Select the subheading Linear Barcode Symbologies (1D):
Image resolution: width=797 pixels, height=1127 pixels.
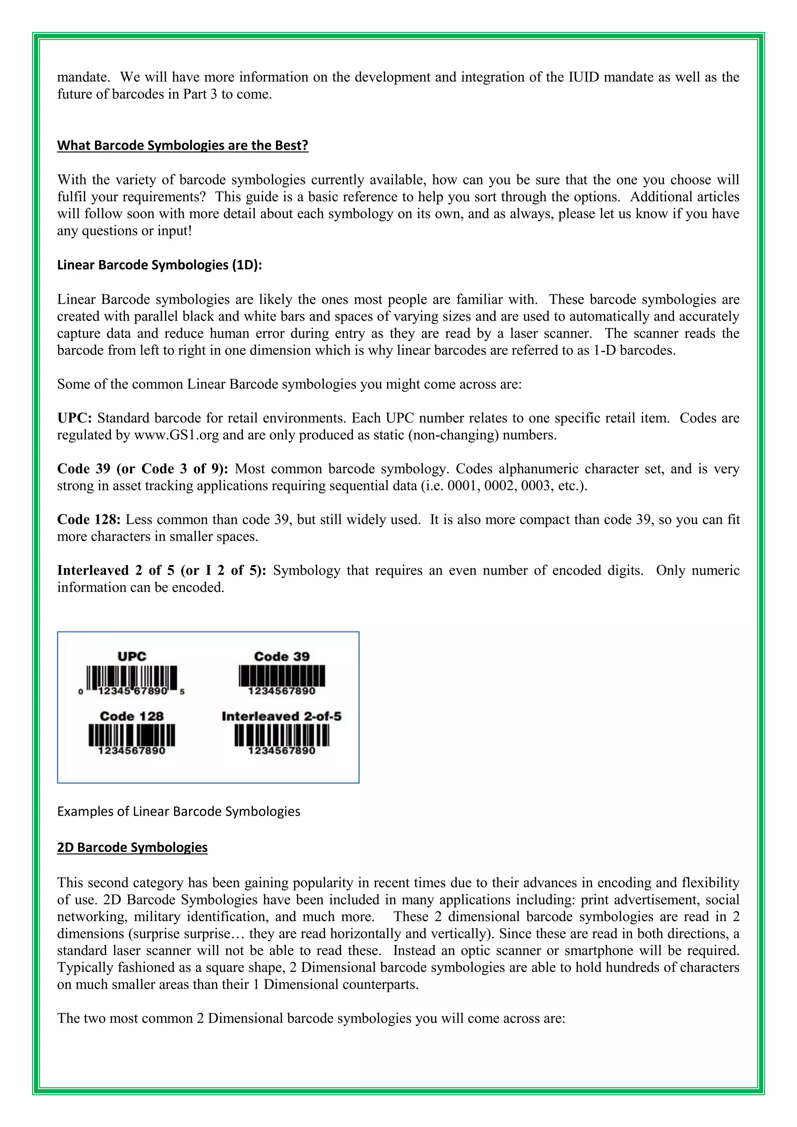(x=160, y=265)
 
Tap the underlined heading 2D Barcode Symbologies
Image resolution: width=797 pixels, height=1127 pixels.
(x=132, y=847)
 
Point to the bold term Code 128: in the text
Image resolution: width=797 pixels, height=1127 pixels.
(x=89, y=520)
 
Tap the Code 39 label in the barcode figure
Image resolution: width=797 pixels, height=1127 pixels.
(x=282, y=657)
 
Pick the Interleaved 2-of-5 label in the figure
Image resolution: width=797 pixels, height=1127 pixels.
(x=281, y=716)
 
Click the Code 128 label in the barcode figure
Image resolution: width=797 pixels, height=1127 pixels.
(x=132, y=716)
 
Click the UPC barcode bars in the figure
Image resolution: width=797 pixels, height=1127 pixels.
(x=132, y=678)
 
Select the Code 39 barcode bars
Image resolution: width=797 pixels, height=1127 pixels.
(x=282, y=676)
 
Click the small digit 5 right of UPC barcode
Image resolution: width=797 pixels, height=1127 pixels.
(x=182, y=692)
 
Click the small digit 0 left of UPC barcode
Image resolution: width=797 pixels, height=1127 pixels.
(x=81, y=692)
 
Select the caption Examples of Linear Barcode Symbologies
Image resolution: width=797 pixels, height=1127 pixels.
(x=179, y=811)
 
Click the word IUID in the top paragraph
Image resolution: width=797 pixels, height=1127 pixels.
(x=583, y=77)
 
